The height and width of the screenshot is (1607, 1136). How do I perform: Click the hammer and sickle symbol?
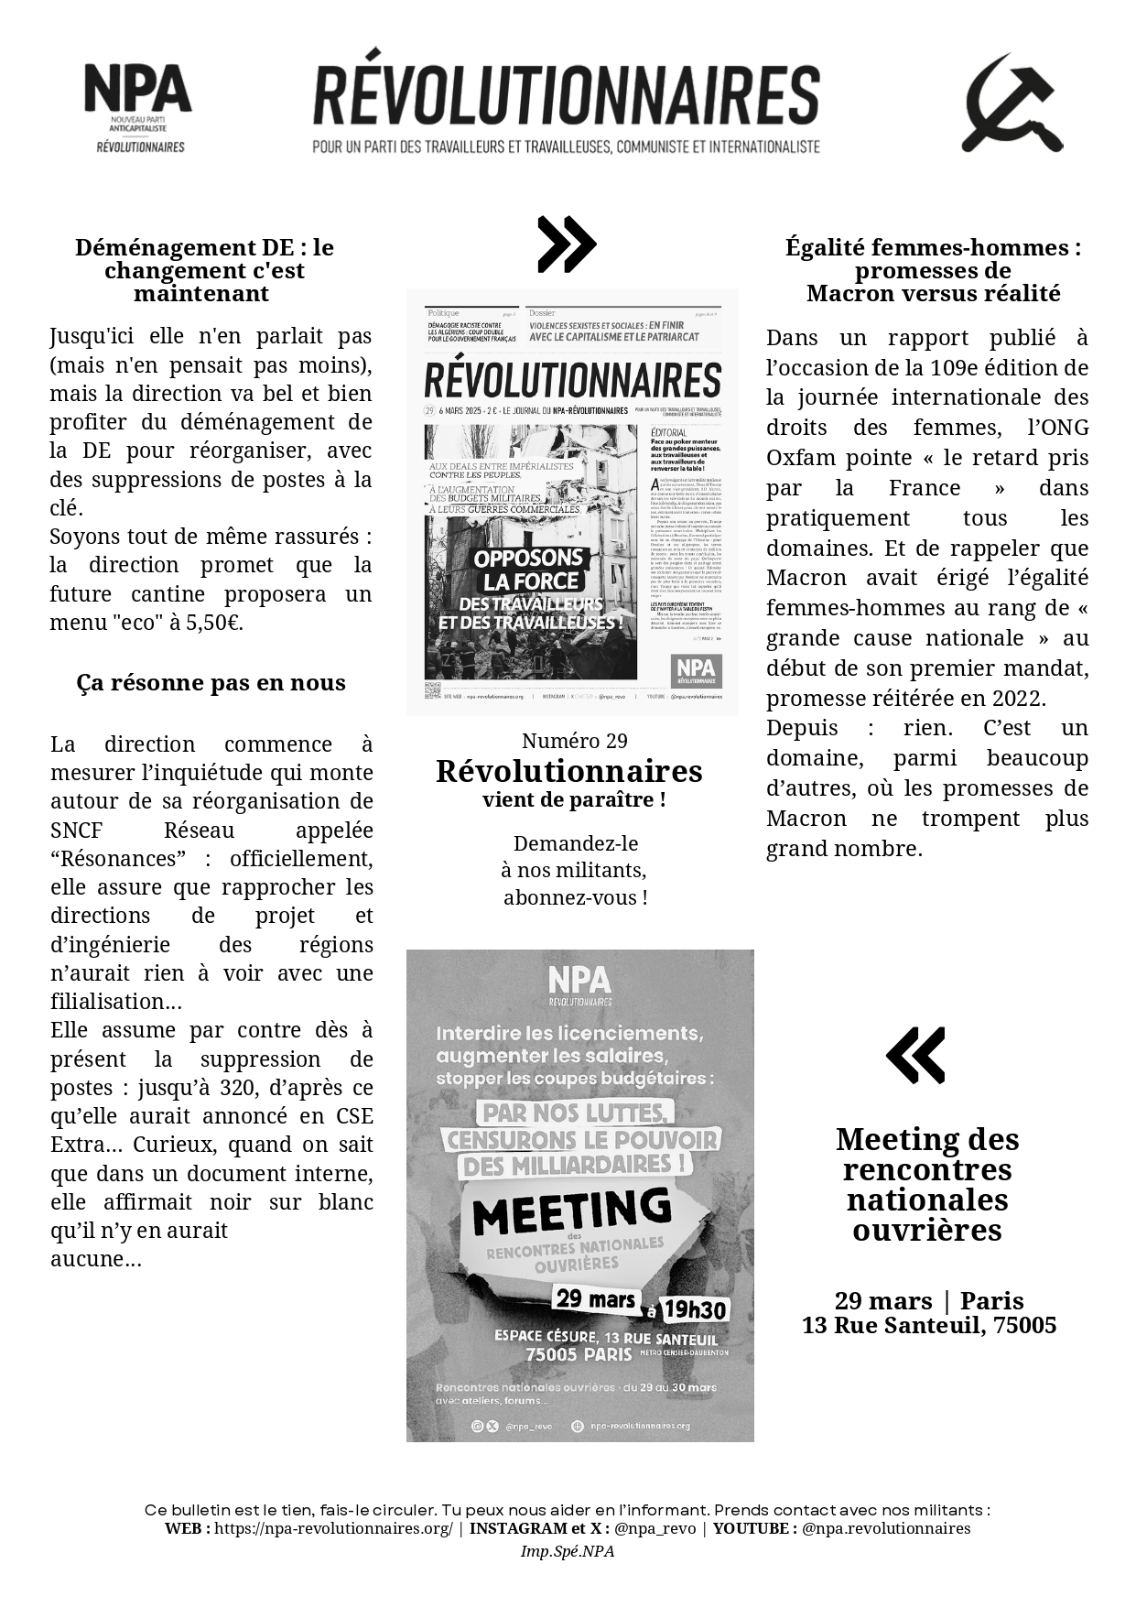[x=1012, y=103]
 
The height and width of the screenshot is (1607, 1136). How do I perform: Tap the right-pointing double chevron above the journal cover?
[x=567, y=244]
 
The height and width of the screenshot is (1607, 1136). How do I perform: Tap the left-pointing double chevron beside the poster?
[x=915, y=1055]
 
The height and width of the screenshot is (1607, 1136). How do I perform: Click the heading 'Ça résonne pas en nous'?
[x=211, y=683]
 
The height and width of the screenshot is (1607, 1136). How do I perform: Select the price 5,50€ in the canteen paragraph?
[x=213, y=623]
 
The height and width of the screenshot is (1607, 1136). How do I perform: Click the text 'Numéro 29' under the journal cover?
[x=574, y=741]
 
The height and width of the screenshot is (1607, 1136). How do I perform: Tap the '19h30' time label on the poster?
[x=693, y=1309]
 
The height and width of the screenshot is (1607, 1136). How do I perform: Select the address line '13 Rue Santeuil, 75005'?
[x=929, y=1325]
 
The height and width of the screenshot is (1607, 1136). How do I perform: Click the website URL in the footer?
[x=333, y=1528]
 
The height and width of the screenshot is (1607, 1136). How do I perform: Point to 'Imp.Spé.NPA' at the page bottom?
[x=568, y=1551]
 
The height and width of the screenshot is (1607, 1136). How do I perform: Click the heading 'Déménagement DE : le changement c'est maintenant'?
[x=204, y=270]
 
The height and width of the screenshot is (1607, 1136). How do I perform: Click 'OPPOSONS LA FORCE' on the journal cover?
[x=529, y=570]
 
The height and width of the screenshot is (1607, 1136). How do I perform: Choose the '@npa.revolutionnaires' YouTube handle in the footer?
[x=886, y=1528]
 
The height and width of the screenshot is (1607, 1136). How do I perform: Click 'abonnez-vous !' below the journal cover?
[x=575, y=897]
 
